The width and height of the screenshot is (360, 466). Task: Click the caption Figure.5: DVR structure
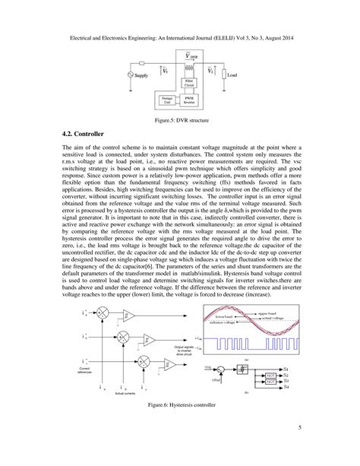click(x=180, y=120)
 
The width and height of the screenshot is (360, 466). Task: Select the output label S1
click(x=286, y=367)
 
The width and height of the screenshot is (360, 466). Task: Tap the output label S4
click(x=286, y=388)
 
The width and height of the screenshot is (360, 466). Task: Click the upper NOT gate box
click(x=269, y=374)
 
